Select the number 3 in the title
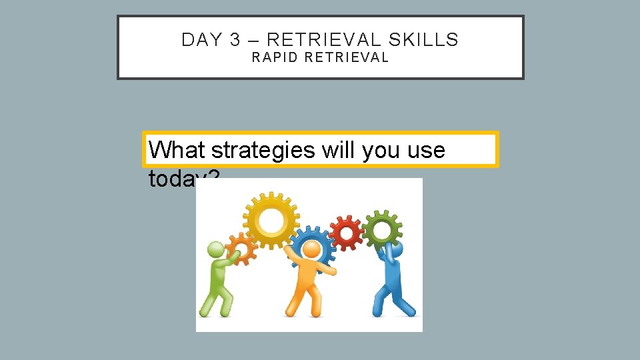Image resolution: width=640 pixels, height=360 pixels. tap(235, 40)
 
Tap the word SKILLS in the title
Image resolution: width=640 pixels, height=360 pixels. tap(424, 40)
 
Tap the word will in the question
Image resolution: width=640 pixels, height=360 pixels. tap(339, 150)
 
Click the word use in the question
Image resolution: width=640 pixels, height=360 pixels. tap(428, 150)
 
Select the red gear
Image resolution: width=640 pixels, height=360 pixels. tap(346, 233)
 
